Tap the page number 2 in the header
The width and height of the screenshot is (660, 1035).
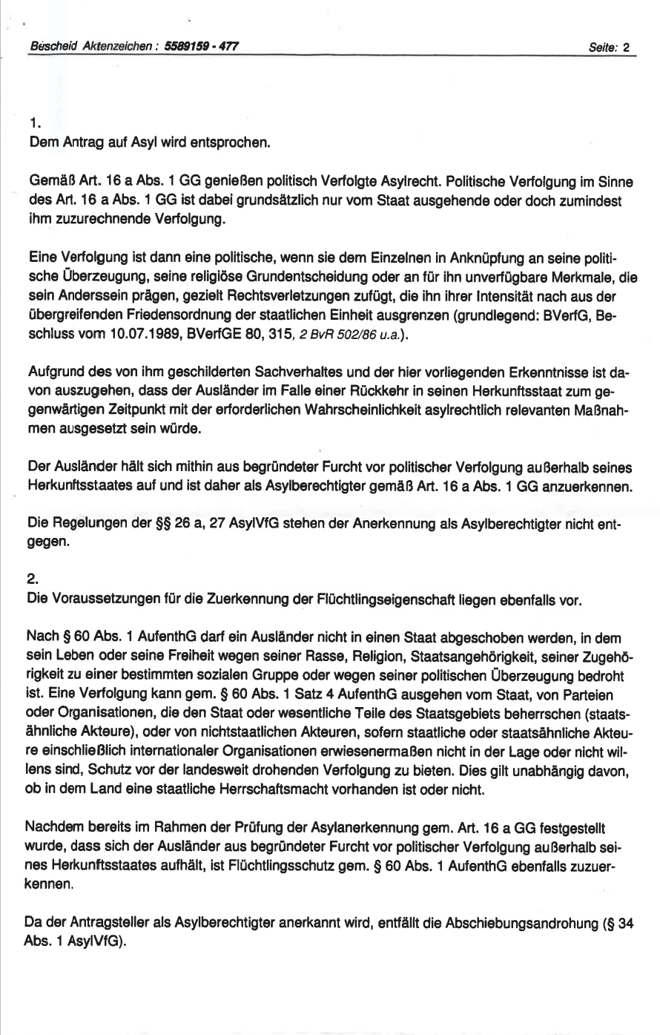pos(626,47)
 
